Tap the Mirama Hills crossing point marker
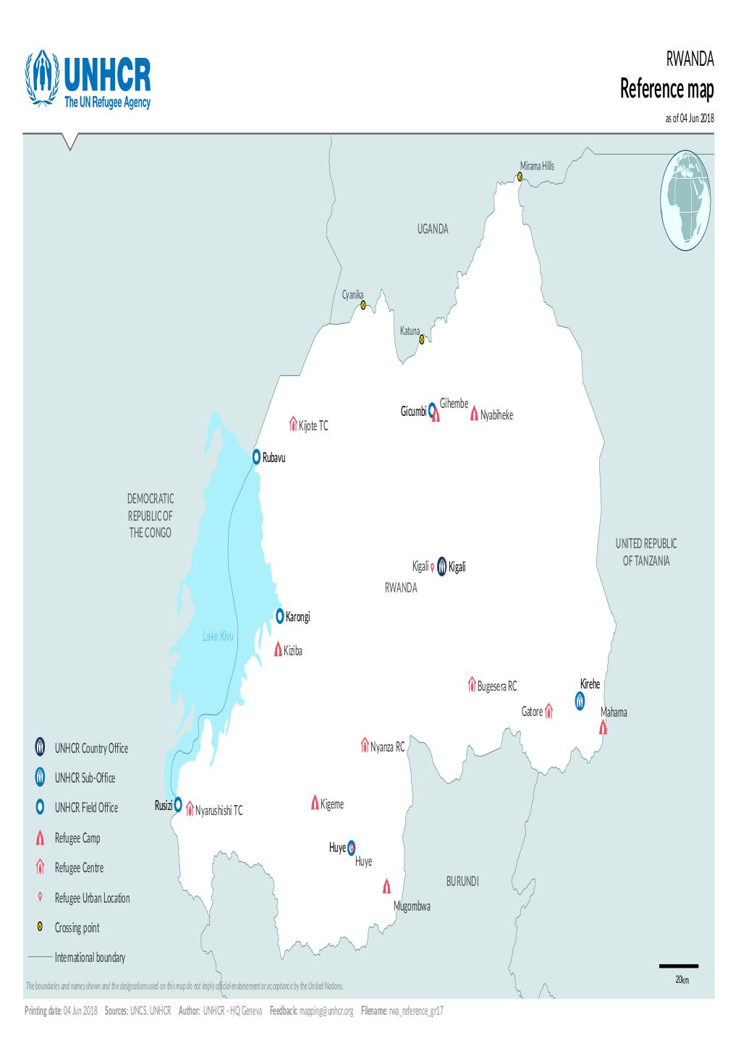click(520, 176)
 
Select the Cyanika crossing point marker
click(363, 305)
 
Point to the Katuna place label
click(410, 331)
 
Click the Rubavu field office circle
click(256, 456)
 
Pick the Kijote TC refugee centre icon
click(293, 423)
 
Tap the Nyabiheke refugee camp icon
click(474, 414)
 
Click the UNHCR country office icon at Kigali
click(441, 566)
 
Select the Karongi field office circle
click(280, 615)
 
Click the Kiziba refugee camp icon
click(278, 649)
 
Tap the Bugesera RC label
click(496, 686)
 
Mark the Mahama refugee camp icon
click(604, 727)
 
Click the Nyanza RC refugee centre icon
click(365, 745)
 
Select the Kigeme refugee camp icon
click(315, 802)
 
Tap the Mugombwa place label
click(412, 906)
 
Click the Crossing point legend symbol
click(41, 927)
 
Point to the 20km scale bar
click(678, 966)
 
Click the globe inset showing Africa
click(686, 200)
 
